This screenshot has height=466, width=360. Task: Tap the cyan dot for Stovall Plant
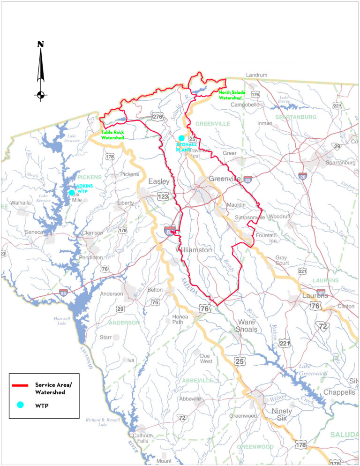pos(181,138)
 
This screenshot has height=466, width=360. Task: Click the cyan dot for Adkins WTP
pos(72,192)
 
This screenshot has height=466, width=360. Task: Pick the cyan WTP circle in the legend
pos(20,405)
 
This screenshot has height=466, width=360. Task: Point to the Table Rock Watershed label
pos(112,135)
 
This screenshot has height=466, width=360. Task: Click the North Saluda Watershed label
pos(232,95)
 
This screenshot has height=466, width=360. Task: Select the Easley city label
pos(159,181)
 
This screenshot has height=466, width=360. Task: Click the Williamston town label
pos(194,250)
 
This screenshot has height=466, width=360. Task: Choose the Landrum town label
pos(256,75)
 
